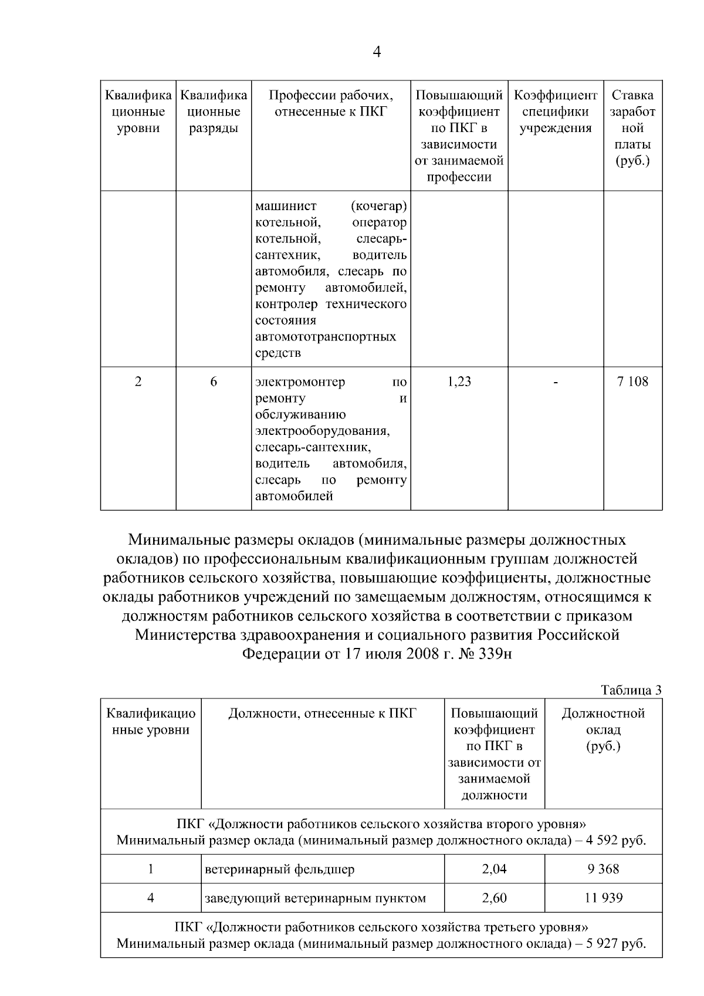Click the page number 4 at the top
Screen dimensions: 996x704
click(377, 52)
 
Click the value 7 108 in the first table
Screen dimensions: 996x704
click(632, 381)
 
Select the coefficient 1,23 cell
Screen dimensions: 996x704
click(459, 381)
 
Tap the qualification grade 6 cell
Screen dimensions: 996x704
click(214, 381)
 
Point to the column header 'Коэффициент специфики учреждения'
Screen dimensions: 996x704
click(556, 112)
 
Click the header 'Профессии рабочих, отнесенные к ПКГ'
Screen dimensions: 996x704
click(331, 103)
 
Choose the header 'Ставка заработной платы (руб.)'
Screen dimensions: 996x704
click(632, 128)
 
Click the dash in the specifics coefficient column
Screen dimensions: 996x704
click(556, 383)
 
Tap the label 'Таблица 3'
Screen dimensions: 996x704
click(631, 690)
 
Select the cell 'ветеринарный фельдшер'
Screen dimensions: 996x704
click(280, 869)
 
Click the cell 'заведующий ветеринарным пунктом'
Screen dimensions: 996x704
click(315, 898)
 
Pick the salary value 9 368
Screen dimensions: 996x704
click(603, 869)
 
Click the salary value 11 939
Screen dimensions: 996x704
click(603, 898)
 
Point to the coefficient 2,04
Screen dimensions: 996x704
click(494, 869)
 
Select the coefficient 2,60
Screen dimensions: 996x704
click(494, 898)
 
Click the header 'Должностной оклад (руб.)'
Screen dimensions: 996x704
click(603, 730)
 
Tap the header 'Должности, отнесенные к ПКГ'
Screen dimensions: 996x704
click(322, 714)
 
